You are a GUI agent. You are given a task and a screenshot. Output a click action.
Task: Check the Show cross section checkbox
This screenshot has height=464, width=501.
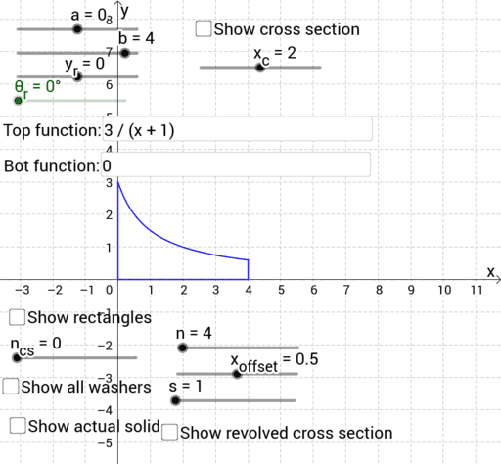(204, 28)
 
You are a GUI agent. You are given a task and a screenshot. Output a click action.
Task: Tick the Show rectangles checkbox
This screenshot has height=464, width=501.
(17, 317)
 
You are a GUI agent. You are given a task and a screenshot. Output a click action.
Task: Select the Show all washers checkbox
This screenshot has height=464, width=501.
(11, 387)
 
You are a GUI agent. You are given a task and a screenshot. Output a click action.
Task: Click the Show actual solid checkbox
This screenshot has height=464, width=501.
(18, 426)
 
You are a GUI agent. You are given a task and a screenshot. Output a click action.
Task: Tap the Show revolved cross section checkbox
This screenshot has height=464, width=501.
(169, 432)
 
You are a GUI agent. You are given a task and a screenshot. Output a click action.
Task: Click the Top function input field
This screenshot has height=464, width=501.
(238, 129)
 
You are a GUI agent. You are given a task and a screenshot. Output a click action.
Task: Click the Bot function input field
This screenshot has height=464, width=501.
(236, 164)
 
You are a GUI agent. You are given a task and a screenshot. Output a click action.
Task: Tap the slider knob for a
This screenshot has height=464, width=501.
(77, 29)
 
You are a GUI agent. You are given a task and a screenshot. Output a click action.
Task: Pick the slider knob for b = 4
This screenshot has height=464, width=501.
(125, 53)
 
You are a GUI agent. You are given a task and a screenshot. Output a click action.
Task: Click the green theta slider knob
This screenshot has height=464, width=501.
(19, 101)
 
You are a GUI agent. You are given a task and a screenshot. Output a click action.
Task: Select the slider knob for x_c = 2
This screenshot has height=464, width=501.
(260, 68)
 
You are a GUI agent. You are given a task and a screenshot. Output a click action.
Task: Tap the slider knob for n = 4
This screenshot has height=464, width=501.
(183, 348)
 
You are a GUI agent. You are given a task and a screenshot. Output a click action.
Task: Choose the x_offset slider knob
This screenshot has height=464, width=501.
(237, 374)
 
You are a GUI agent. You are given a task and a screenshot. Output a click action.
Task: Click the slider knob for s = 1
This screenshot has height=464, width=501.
(176, 400)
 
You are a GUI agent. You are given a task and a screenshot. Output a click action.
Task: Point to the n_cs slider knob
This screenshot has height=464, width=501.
(17, 358)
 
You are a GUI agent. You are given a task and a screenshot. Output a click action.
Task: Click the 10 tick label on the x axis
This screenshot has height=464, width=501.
(444, 290)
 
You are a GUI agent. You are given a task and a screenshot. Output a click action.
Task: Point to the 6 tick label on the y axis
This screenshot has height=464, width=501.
(110, 85)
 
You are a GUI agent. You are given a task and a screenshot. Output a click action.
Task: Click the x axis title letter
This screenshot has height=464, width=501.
(490, 272)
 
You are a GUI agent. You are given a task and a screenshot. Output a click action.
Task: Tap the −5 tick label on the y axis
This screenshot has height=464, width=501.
(105, 443)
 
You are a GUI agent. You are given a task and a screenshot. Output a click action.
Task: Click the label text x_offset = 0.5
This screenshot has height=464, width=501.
(274, 362)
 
